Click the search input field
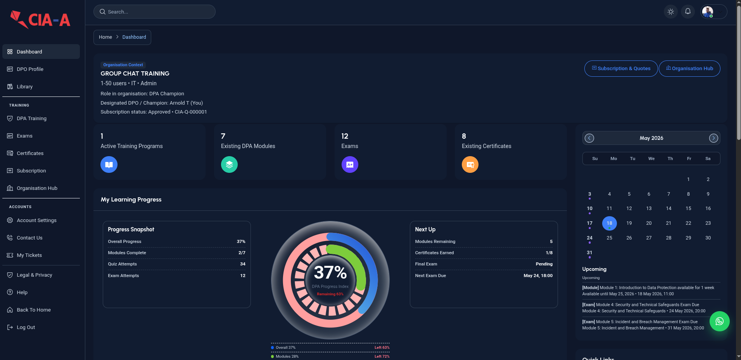click(x=154, y=12)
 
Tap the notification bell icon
click(x=688, y=12)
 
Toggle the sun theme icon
click(x=671, y=12)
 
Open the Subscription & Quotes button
click(x=621, y=69)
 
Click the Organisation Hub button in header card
click(x=689, y=69)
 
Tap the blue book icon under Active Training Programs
click(x=109, y=165)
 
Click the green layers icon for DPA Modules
click(x=230, y=165)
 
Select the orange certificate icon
click(x=470, y=165)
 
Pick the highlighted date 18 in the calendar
click(x=610, y=223)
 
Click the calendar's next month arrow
click(x=713, y=138)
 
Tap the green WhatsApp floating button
click(x=720, y=321)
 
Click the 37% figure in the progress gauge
click(x=330, y=272)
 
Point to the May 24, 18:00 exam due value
click(x=538, y=276)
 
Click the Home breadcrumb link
click(x=105, y=37)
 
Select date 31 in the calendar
click(x=590, y=253)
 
